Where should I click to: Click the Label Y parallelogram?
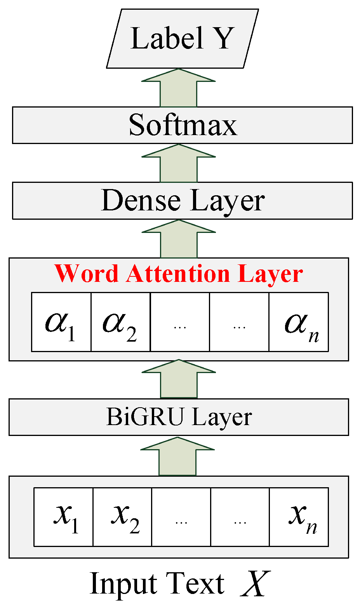pyautogui.click(x=182, y=38)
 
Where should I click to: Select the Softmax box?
pyautogui.click(x=182, y=125)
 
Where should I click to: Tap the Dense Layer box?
pyautogui.click(x=182, y=201)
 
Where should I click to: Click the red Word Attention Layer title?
pyautogui.click(x=179, y=274)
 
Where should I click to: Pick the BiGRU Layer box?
pyautogui.click(x=179, y=417)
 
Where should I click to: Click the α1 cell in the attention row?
pyautogui.click(x=61, y=322)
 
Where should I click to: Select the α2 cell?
pyautogui.click(x=120, y=322)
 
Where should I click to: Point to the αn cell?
pyautogui.click(x=298, y=322)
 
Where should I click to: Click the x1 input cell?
pyautogui.click(x=64, y=517)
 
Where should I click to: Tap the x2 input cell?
pyautogui.click(x=122, y=517)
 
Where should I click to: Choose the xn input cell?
pyautogui.click(x=299, y=517)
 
